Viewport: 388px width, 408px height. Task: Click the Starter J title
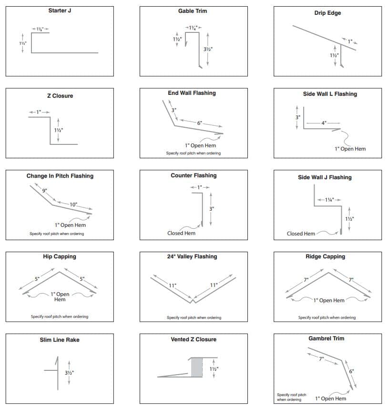tap(60, 10)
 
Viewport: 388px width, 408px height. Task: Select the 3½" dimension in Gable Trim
tap(208, 49)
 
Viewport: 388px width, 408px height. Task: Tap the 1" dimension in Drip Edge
tap(349, 42)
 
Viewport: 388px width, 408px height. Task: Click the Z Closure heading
tap(60, 96)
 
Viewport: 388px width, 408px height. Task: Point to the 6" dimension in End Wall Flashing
tap(200, 123)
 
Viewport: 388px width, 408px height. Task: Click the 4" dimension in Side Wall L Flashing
tap(324, 123)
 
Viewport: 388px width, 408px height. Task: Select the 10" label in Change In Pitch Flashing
tap(73, 204)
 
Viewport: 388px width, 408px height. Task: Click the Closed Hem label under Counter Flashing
tap(181, 233)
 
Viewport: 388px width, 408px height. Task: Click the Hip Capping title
tap(60, 256)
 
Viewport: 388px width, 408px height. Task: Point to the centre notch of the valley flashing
tap(193, 301)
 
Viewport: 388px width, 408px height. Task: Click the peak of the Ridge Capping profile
tap(328, 273)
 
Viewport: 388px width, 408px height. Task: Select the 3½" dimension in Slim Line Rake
tap(70, 373)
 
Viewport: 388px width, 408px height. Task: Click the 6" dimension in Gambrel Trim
tap(352, 372)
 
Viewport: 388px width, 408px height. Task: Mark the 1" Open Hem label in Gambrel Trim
tap(331, 398)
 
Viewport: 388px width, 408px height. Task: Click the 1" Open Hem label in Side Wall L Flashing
tap(350, 149)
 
